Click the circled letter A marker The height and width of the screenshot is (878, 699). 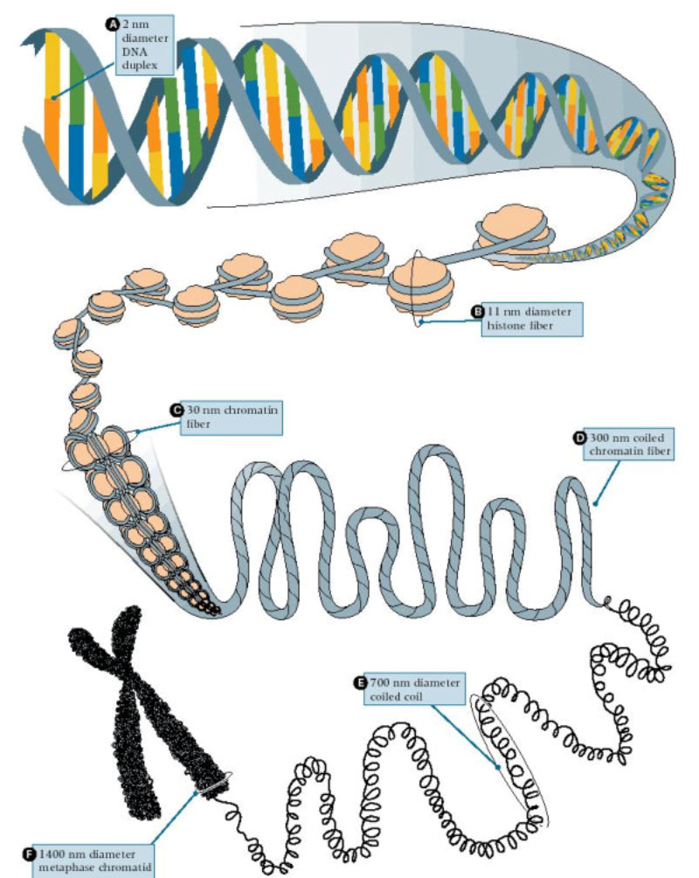click(111, 26)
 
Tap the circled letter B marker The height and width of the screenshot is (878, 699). click(477, 311)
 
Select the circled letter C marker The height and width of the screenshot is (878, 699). click(175, 409)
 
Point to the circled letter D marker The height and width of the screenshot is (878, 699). click(578, 439)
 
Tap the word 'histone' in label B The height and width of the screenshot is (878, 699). click(506, 326)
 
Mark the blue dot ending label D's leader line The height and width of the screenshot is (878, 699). click(595, 502)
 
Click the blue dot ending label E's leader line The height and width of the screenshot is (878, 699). click(498, 769)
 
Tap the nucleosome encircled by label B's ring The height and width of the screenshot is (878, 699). click(420, 284)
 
